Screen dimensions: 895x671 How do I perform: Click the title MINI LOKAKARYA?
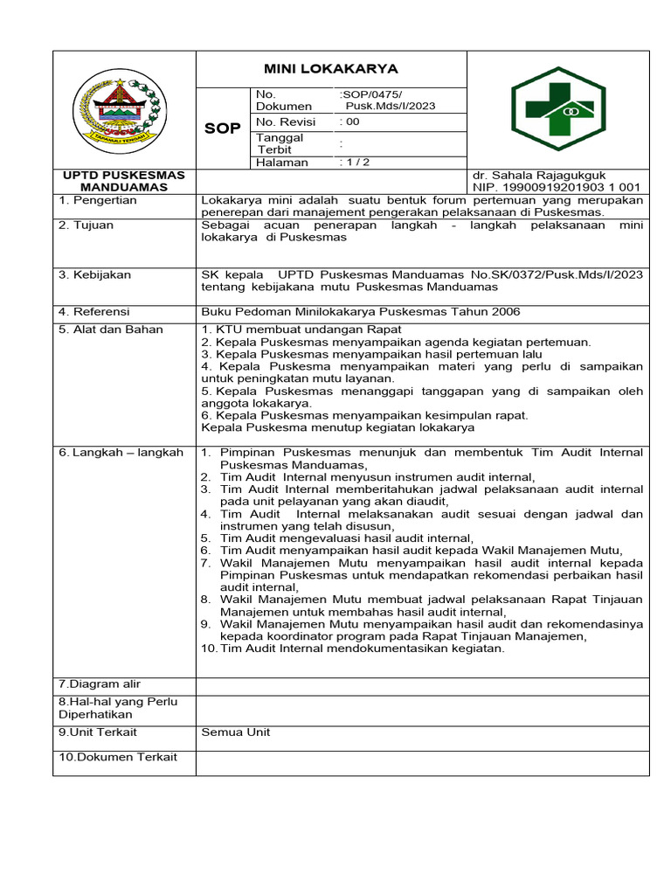(331, 69)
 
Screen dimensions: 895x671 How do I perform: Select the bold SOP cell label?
(223, 128)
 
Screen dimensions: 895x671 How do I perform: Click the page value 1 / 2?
(354, 162)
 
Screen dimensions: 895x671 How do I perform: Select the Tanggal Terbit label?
(280, 143)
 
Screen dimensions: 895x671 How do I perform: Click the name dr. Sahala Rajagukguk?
(539, 175)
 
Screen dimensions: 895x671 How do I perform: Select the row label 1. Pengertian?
(98, 200)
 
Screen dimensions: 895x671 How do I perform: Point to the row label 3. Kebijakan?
(95, 274)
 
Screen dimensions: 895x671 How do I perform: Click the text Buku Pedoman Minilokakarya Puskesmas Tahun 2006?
(361, 311)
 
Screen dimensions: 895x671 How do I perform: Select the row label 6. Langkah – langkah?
(121, 452)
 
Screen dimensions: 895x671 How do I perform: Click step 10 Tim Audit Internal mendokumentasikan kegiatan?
(353, 648)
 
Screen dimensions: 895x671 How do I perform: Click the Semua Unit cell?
(236, 732)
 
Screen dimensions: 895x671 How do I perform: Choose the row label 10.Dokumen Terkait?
(118, 757)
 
